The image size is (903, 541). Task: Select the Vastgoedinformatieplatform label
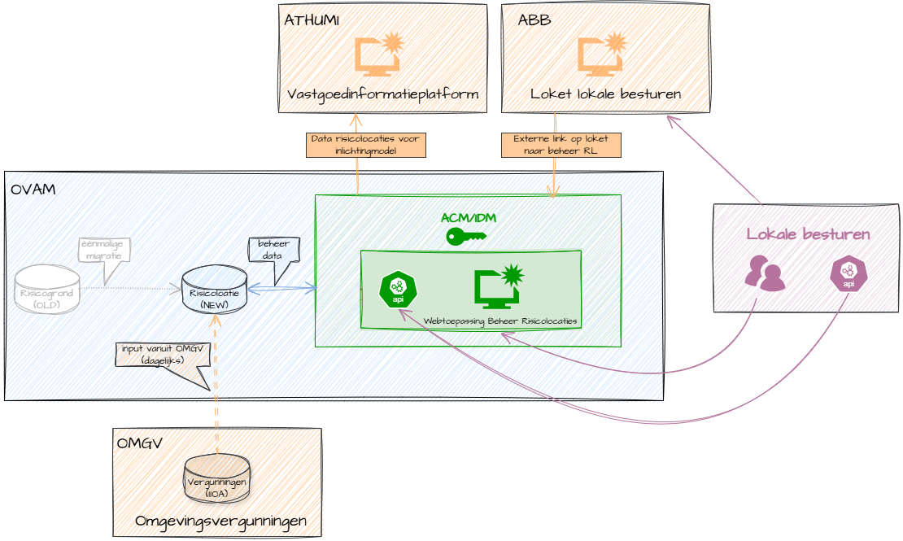(383, 98)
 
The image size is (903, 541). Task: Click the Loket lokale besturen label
(606, 95)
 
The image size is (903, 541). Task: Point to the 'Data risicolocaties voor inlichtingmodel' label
(366, 145)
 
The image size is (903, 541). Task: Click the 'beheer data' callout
(273, 248)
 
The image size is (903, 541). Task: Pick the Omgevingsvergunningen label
(220, 521)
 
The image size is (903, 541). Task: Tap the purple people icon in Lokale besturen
(765, 273)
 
